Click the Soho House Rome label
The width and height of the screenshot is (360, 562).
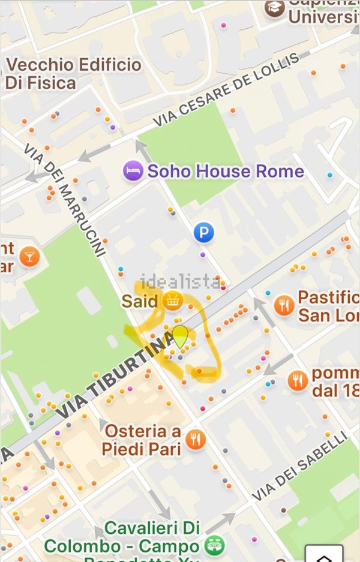tap(226, 172)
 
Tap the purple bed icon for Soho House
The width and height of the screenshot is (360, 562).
tap(133, 171)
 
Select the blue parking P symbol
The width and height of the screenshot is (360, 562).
tap(204, 232)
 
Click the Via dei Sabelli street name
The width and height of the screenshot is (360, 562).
tap(299, 467)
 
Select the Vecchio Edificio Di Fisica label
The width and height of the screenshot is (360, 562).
tap(73, 73)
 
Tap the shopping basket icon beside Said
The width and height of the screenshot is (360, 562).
tap(172, 300)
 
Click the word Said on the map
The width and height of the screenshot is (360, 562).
tap(139, 300)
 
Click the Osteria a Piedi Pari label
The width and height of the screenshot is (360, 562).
tap(142, 440)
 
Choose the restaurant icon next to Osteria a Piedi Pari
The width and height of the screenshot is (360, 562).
tap(196, 440)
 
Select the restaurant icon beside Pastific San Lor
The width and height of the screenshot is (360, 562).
tap(284, 306)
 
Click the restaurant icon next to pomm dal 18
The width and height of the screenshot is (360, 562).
tap(298, 380)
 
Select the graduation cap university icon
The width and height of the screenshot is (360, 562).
tap(275, 9)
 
